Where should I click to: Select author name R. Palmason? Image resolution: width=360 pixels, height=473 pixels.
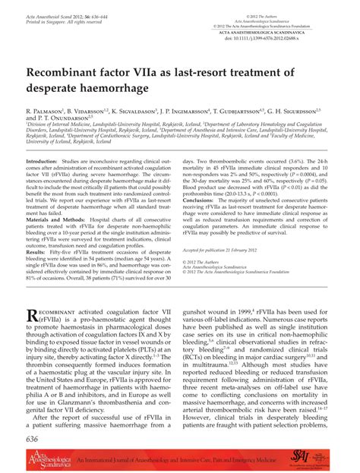pyautogui.click(x=46, y=110)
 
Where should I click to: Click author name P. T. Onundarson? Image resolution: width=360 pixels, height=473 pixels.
pyautogui.click(x=56, y=119)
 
